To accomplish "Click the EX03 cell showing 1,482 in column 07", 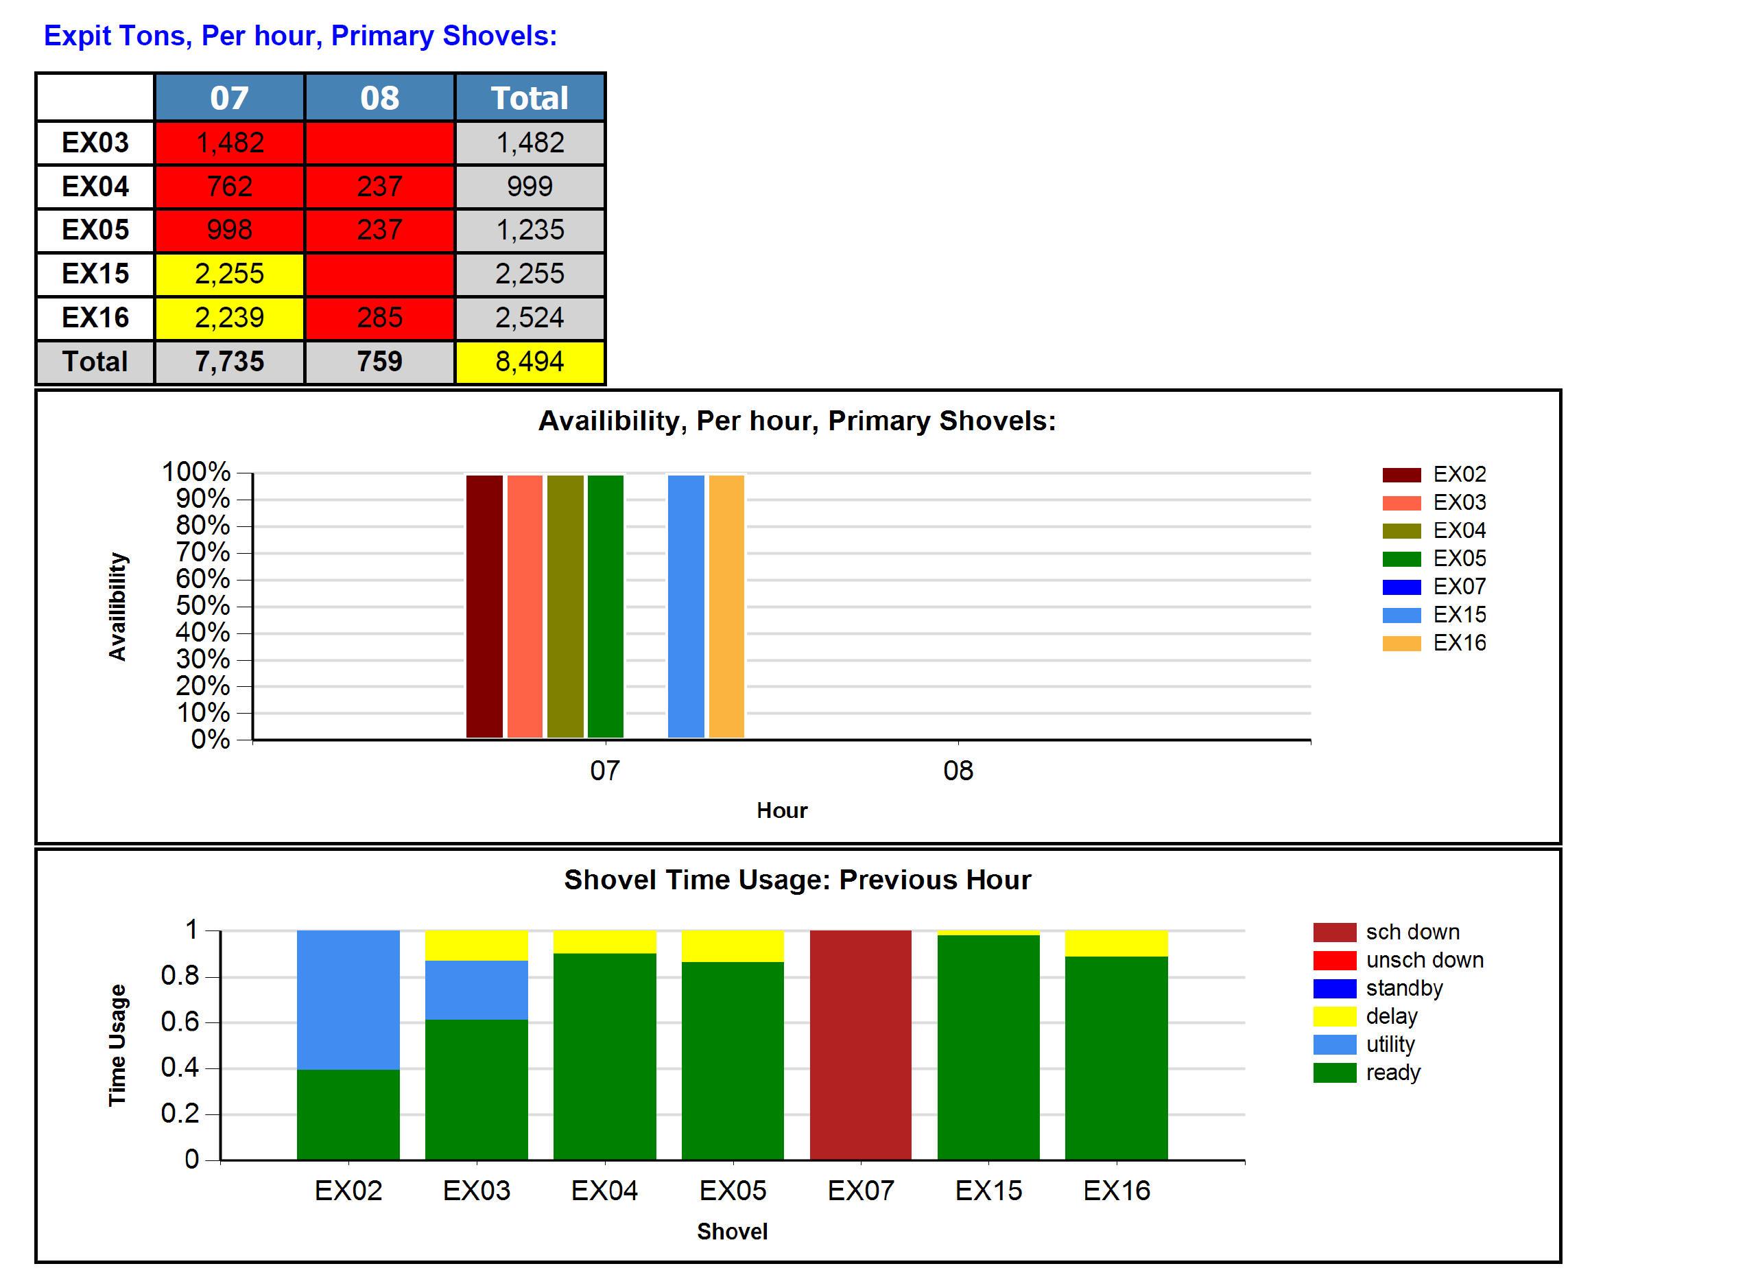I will pos(230,143).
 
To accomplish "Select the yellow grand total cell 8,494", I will pos(530,362).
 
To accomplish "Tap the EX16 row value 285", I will pos(379,318).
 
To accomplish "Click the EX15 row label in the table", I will pos(95,274).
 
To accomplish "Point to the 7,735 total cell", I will pos(230,362).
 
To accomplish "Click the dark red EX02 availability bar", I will pos(484,607).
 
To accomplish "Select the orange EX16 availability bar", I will pos(726,607).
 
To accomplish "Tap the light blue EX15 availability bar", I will pos(686,607).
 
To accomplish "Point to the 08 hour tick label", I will pos(958,771).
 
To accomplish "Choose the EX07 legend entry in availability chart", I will pos(1434,587).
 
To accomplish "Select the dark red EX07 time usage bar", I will pos(860,1044).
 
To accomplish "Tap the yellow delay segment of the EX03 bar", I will pos(476,945).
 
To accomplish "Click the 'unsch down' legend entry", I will pos(1399,960).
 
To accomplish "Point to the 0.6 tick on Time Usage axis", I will pos(179,1022).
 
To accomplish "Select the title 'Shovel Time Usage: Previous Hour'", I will pos(797,880).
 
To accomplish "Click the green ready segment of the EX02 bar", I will pos(348,1114).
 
